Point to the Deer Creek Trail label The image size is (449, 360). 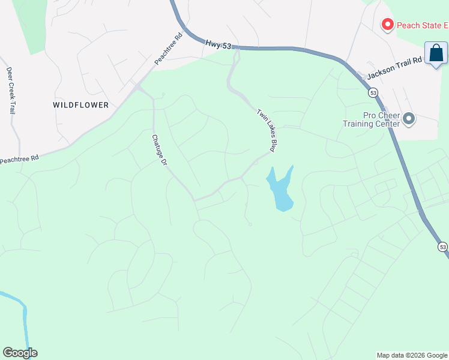coord(11,90)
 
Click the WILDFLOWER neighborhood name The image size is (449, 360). coord(81,105)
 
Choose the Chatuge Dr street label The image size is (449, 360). coord(158,149)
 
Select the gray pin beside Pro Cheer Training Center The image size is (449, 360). coord(409,119)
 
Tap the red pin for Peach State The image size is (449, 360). coord(387,25)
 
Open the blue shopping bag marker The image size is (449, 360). coord(436,53)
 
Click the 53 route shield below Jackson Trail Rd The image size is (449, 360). coord(373,93)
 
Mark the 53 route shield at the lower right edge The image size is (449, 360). coord(442,247)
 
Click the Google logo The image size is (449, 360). coord(20,353)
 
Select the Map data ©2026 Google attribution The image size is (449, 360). coord(412,355)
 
